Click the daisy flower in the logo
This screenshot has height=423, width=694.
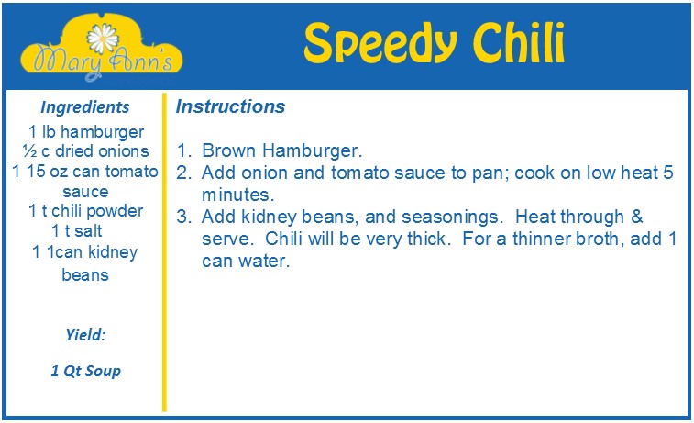[103, 39]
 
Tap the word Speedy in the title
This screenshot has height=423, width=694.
[380, 43]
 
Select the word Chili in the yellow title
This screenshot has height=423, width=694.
[519, 41]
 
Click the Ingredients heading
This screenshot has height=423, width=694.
[85, 107]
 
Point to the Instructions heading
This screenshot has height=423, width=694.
[230, 106]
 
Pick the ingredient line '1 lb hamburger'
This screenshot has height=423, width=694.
[86, 131]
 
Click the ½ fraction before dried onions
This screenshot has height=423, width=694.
[30, 151]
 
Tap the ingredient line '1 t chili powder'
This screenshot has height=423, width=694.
[86, 211]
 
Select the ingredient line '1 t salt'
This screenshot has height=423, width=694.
[77, 230]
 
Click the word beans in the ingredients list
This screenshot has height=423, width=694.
[85, 275]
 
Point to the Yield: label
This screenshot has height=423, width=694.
[85, 335]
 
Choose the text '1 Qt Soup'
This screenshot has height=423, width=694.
[85, 371]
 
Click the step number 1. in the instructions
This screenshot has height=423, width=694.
[184, 150]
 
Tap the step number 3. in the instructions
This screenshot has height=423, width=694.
[184, 217]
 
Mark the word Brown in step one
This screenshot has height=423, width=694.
[229, 150]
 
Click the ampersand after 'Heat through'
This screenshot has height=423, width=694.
[637, 217]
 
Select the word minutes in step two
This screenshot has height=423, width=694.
[238, 195]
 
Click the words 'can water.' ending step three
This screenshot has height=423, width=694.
[246, 261]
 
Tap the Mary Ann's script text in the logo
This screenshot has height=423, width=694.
[103, 62]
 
